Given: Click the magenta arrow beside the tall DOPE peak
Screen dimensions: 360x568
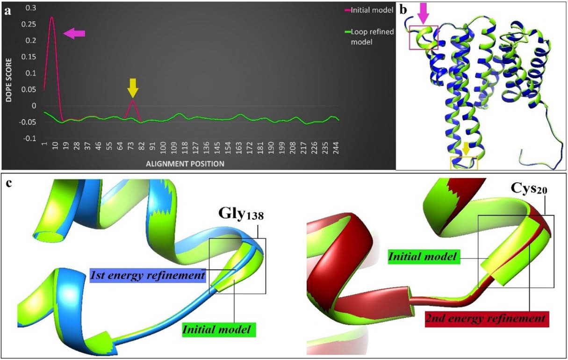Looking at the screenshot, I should coord(75,33).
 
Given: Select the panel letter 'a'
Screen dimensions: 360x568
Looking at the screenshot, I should coord(7,12).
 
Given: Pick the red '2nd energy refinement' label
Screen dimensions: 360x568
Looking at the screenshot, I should coord(486,319).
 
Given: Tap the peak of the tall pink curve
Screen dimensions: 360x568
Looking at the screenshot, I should coord(52,18).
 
